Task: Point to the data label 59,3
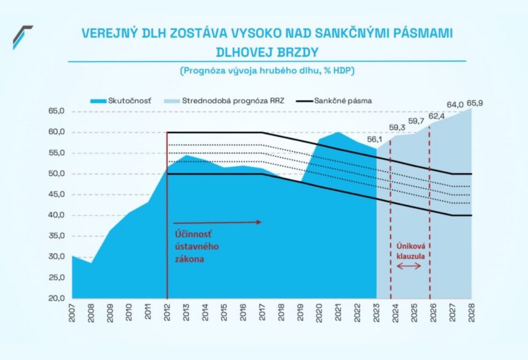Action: pyautogui.click(x=397, y=127)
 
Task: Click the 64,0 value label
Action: pyautogui.click(x=455, y=104)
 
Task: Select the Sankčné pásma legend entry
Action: pyautogui.click(x=342, y=100)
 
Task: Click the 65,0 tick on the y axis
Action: pyautogui.click(x=56, y=111)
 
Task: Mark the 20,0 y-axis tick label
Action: pyautogui.click(x=56, y=298)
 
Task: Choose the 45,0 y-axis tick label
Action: pyautogui.click(x=56, y=194)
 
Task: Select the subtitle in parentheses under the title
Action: pyautogui.click(x=267, y=71)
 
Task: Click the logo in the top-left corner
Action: pyautogui.click(x=22, y=36)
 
